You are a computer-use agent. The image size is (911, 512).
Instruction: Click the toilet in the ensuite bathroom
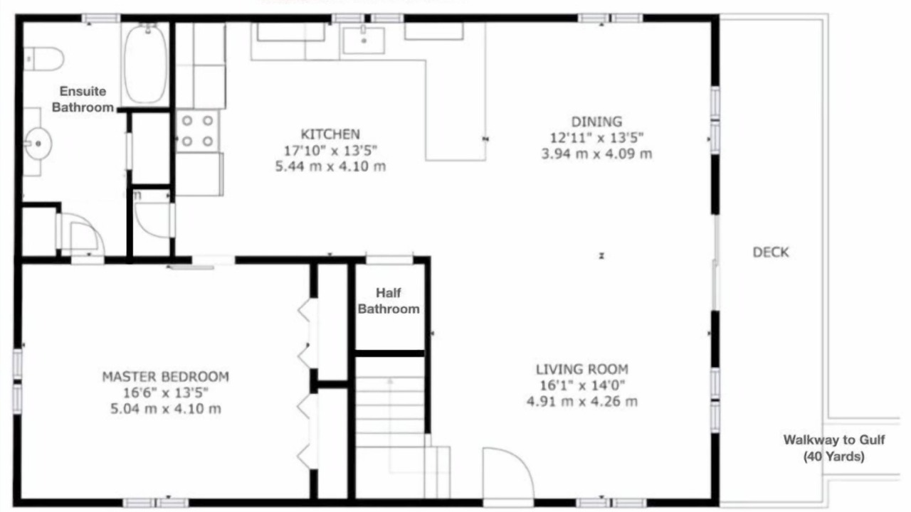(43, 59)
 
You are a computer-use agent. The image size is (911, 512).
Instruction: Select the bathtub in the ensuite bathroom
(145, 63)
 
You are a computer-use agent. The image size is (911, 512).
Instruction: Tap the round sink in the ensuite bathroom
(38, 144)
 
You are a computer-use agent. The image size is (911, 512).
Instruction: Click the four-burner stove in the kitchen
(197, 132)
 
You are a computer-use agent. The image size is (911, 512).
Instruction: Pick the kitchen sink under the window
(364, 40)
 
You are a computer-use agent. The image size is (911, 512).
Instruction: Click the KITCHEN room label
(330, 134)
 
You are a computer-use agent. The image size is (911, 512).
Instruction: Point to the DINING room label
(596, 122)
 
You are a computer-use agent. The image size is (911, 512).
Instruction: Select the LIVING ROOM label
(582, 369)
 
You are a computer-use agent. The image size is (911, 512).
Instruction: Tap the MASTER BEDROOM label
(166, 377)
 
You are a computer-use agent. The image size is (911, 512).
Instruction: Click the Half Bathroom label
(389, 301)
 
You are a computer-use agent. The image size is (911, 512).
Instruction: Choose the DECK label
(771, 252)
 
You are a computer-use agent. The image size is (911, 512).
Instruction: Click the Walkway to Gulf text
(834, 439)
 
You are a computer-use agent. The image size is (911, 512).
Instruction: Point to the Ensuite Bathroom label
(83, 99)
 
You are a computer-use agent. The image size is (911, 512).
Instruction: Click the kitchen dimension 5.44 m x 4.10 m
(330, 166)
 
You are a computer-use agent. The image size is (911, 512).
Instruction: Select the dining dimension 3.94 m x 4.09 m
(596, 154)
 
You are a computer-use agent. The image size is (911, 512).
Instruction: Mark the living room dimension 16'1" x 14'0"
(582, 385)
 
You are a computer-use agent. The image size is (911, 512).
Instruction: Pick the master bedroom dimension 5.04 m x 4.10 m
(166, 408)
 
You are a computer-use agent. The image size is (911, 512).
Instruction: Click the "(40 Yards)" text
(833, 457)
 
